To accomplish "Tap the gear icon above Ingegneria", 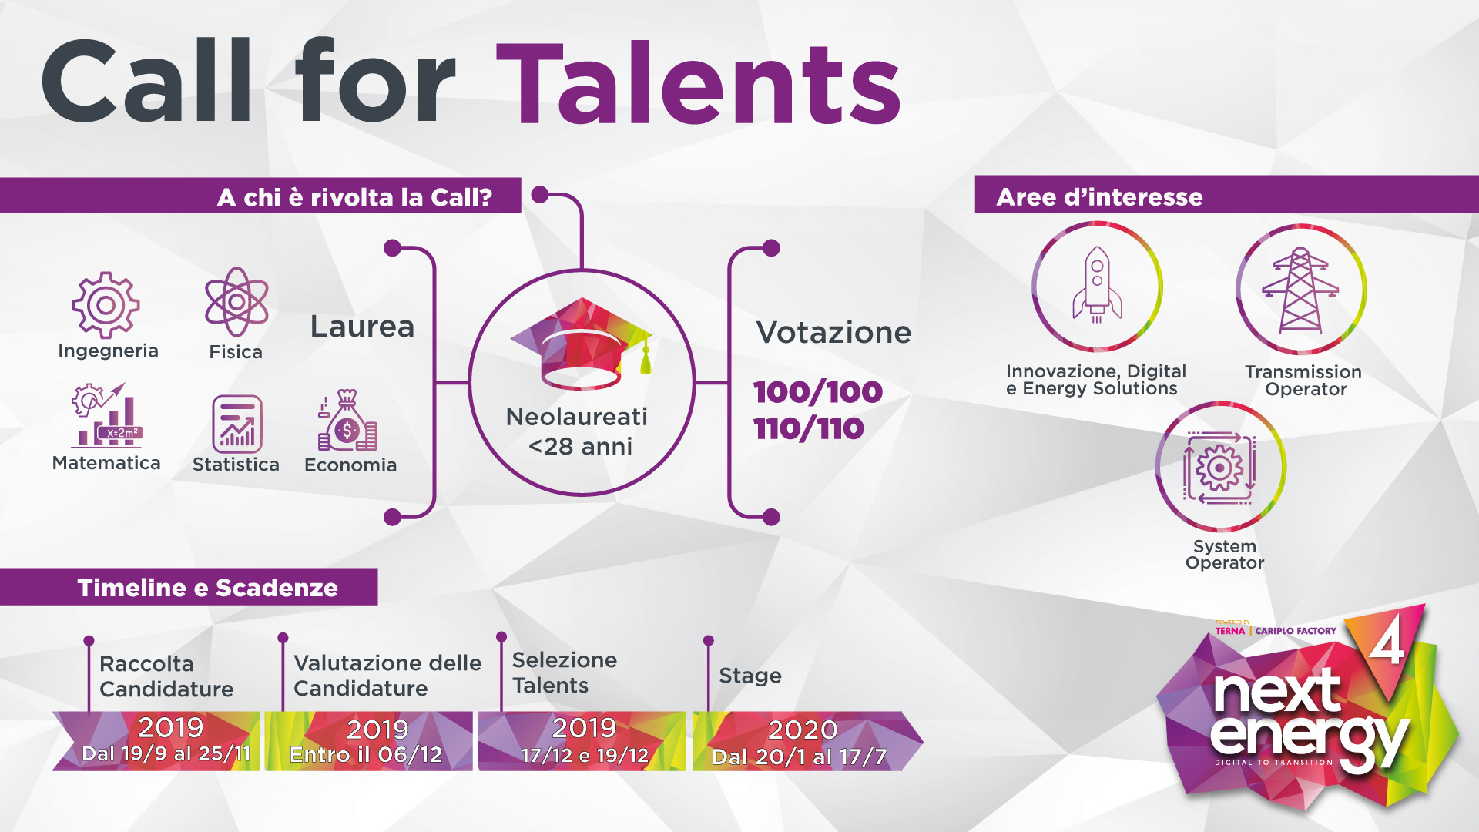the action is pos(106,305).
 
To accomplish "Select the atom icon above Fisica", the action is pos(236,302).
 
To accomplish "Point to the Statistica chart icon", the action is pos(237,424).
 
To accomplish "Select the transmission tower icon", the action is pos(1300,290).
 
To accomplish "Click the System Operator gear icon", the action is pos(1219,467).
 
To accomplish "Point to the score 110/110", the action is pos(809,428).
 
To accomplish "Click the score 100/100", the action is pos(818,391).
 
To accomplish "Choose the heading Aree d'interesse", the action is pos(1099,197).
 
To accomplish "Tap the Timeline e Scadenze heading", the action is pos(208,588).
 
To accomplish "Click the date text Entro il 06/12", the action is pos(366,754).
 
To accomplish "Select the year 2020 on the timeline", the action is pos(803,729).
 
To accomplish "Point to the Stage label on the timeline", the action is pos(750,676).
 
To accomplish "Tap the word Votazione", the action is pos(833,332).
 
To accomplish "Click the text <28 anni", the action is pos(580,446).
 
